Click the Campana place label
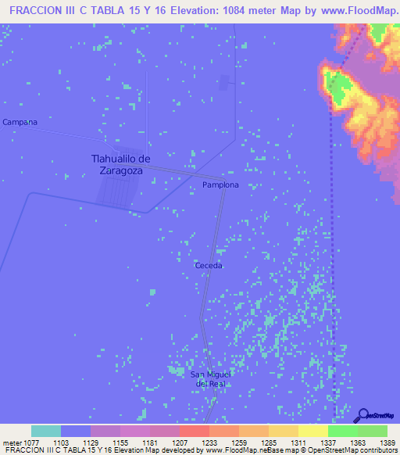click(20, 122)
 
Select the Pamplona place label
click(220, 185)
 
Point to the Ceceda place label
click(209, 266)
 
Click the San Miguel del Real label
click(210, 379)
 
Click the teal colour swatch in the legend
click(46, 431)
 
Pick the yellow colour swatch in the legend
click(312, 431)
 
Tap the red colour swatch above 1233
click(194, 431)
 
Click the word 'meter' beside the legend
click(12, 442)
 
